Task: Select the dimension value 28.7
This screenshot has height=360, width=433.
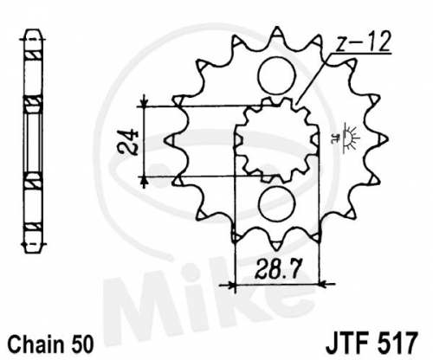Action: pos(276,269)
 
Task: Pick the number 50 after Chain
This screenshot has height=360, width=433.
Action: pos(82,344)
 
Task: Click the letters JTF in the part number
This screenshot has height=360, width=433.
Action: pos(348,343)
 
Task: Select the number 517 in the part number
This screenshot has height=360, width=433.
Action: pos(397,343)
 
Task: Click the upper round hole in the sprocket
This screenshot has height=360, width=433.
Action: pos(277,75)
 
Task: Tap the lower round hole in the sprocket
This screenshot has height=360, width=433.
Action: pos(277,203)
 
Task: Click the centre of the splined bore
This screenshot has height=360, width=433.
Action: pos(277,140)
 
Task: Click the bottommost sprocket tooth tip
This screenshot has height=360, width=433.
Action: pos(277,248)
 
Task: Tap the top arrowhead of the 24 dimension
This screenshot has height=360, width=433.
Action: pos(145,103)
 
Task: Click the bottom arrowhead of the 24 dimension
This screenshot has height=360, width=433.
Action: pos(145,181)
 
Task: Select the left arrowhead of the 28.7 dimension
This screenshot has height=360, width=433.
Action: pos(231,286)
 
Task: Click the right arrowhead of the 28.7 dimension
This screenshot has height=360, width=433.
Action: pos(323,285)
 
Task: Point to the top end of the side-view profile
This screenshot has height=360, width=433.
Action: pos(34,29)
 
